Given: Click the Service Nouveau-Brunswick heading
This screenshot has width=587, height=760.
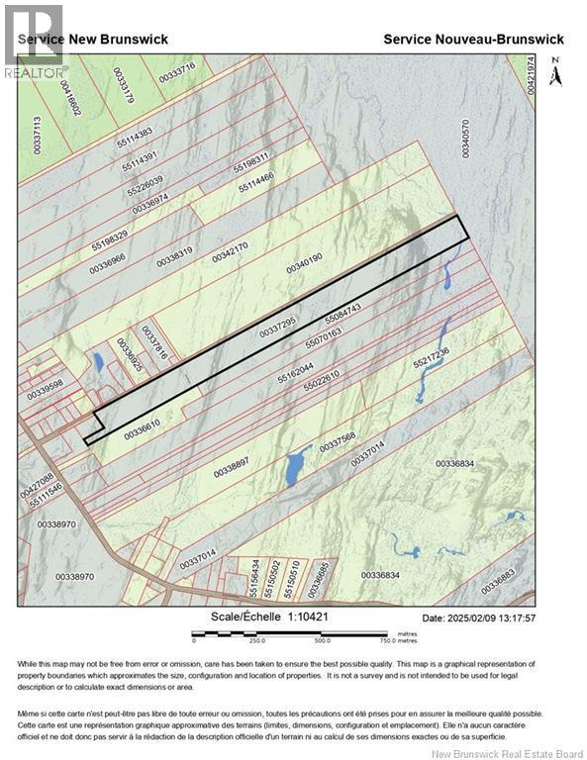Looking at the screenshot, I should (x=473, y=39).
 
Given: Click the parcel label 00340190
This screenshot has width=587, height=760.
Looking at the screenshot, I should (x=305, y=264).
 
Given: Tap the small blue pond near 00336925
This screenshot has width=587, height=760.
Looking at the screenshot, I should (x=98, y=361).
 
